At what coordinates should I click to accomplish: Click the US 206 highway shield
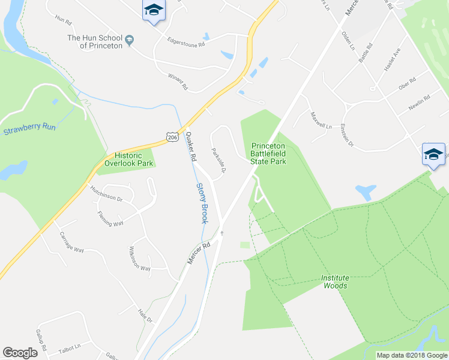pos(172,137)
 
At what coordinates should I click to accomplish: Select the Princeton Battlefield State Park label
pos(276,153)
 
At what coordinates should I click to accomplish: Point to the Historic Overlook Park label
pos(130,159)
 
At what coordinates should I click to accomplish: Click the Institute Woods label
pos(334,282)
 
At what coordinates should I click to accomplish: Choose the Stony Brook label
pos(202,204)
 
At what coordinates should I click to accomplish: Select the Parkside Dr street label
pos(218,161)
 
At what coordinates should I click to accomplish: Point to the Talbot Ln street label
pos(70,347)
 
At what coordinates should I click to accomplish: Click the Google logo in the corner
pos(20,353)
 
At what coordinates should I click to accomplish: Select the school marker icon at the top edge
pos(154,11)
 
